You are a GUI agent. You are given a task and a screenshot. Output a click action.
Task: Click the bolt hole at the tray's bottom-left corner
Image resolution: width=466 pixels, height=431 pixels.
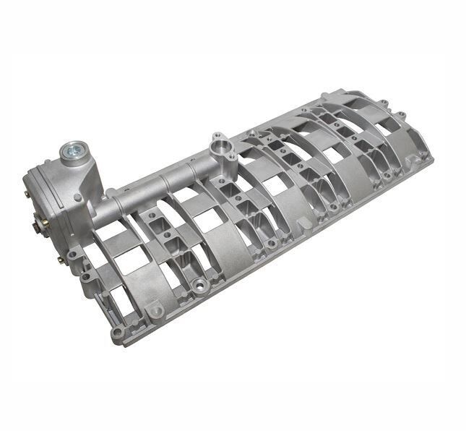pos(118,333)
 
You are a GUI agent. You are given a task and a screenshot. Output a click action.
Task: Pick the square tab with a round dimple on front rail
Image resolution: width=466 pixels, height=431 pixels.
pos(155,312)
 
